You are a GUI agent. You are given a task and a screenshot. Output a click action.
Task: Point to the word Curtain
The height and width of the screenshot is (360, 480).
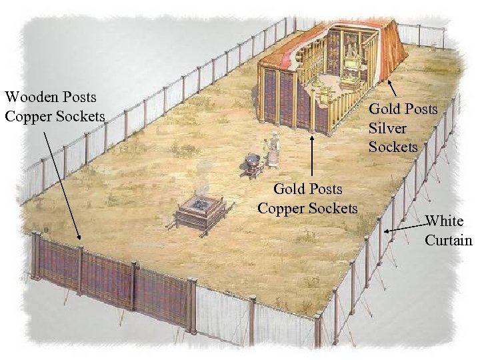[x=449, y=239]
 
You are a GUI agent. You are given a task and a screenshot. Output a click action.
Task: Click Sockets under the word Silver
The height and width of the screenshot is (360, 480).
[x=393, y=146]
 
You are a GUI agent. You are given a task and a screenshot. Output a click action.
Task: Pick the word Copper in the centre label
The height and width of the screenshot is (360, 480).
[x=281, y=209]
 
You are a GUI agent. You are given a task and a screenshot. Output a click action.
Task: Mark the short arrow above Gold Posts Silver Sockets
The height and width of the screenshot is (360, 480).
[x=393, y=89]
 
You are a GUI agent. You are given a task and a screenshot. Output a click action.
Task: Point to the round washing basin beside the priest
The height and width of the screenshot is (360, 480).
[x=253, y=162]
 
